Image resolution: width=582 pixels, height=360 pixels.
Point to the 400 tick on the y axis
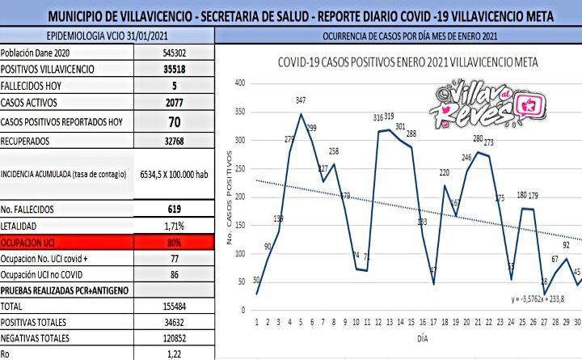pyautogui.click(x=239, y=83)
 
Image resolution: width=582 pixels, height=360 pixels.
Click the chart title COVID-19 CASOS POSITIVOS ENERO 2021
pyautogui.click(x=408, y=61)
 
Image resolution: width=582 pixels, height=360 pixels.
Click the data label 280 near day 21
pyautogui.click(x=479, y=138)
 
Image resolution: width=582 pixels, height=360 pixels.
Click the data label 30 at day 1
pyautogui.click(x=256, y=280)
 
